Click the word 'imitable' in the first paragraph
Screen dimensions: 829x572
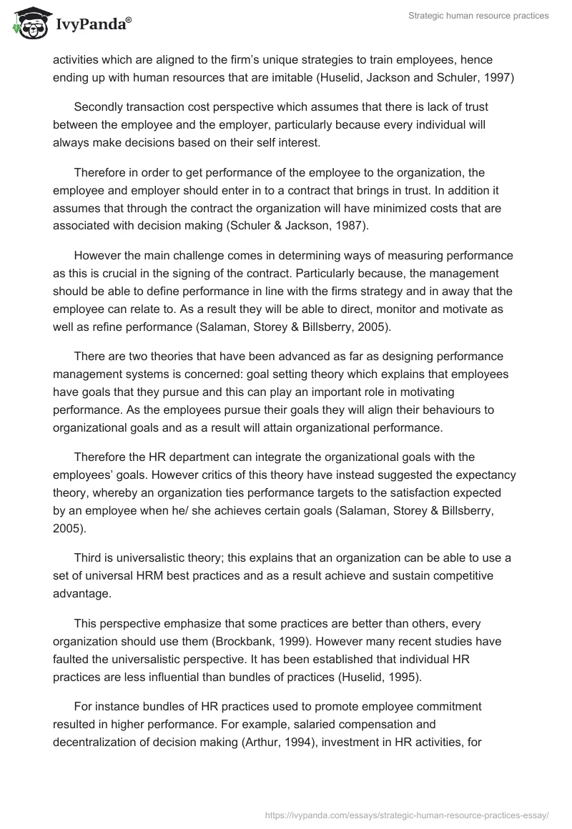277,78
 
